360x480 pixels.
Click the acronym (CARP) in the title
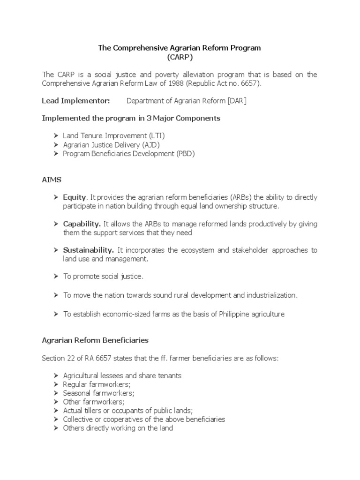click(x=180, y=57)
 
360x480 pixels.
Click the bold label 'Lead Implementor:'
click(x=76, y=101)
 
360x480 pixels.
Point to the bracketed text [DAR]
click(x=235, y=101)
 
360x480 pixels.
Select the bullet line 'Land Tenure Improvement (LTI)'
click(x=114, y=135)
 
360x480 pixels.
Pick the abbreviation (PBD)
click(x=185, y=153)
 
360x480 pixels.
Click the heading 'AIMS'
click(x=52, y=180)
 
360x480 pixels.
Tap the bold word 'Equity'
click(x=75, y=197)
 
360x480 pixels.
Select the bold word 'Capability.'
click(x=82, y=224)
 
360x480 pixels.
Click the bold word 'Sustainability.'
click(x=89, y=250)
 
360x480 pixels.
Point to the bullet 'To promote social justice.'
click(x=103, y=277)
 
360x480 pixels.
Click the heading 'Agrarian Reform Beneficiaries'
click(x=95, y=340)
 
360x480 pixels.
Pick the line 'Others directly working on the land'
click(x=118, y=428)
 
